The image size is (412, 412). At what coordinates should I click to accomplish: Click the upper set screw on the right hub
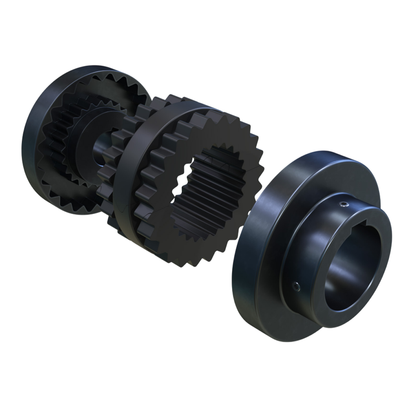344,205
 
